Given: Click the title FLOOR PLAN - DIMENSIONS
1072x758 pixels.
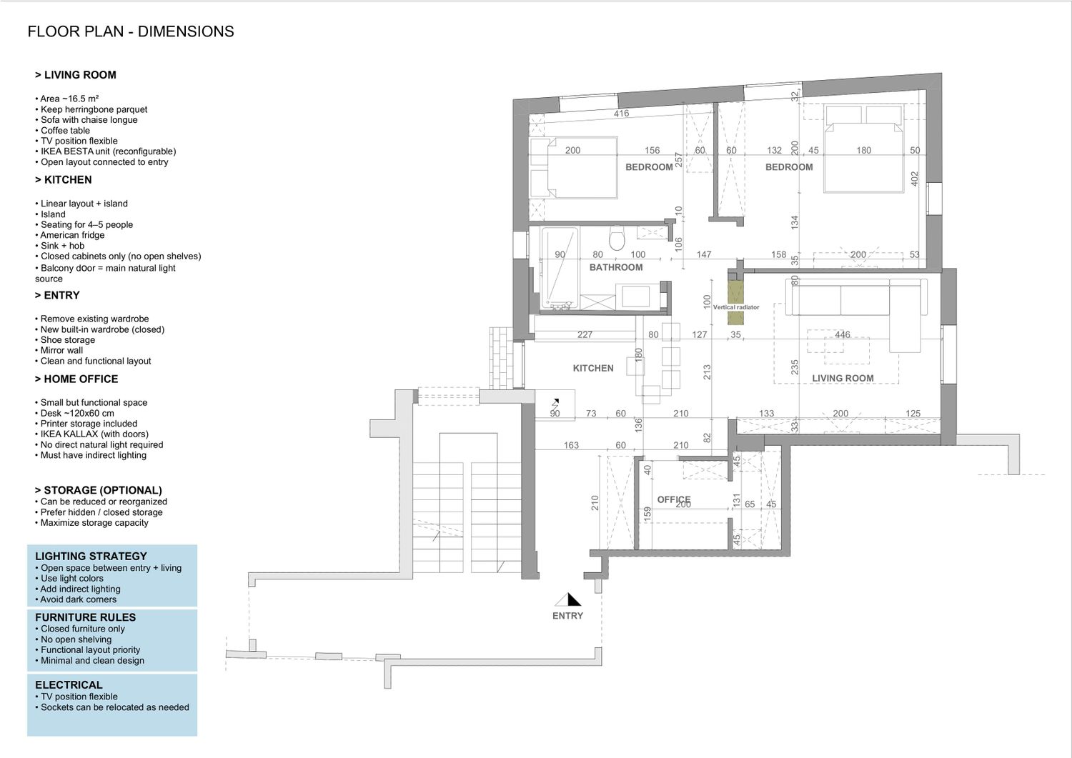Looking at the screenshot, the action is pos(131,31).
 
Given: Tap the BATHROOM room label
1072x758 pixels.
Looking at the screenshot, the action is pos(616,267).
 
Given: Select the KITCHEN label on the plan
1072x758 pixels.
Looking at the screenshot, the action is pos(593,369).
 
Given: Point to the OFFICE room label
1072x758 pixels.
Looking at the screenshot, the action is pos(673,499).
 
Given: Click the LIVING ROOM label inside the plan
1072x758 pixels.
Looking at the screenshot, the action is pos(843,379).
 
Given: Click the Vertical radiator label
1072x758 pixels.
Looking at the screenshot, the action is pos(736,307).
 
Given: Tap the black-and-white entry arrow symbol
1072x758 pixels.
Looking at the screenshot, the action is pos(568,600).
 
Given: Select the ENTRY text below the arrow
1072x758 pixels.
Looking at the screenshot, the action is pos(567,616).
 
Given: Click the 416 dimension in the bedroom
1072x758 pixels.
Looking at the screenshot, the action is pos(621,114).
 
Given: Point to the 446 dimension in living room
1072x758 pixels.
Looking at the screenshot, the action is pos(843,334).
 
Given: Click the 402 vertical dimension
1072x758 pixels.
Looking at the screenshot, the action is pos(914,179).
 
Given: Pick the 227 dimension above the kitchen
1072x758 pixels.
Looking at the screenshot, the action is pos(585,334).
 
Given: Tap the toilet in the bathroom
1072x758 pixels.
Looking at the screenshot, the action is pos(617,238).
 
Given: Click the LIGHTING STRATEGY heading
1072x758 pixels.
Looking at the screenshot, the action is pos(91,556).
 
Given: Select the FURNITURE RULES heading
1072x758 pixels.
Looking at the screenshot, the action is pos(85,617).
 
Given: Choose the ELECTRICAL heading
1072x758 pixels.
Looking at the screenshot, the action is pos(69,685).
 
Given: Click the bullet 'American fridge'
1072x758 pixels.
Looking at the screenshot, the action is pos(70,235).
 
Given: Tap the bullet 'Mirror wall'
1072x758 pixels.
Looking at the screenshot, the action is pos(59,350).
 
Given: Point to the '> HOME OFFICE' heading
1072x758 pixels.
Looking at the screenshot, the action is pos(76,379).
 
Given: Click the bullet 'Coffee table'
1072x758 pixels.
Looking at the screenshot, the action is pos(62,130).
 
